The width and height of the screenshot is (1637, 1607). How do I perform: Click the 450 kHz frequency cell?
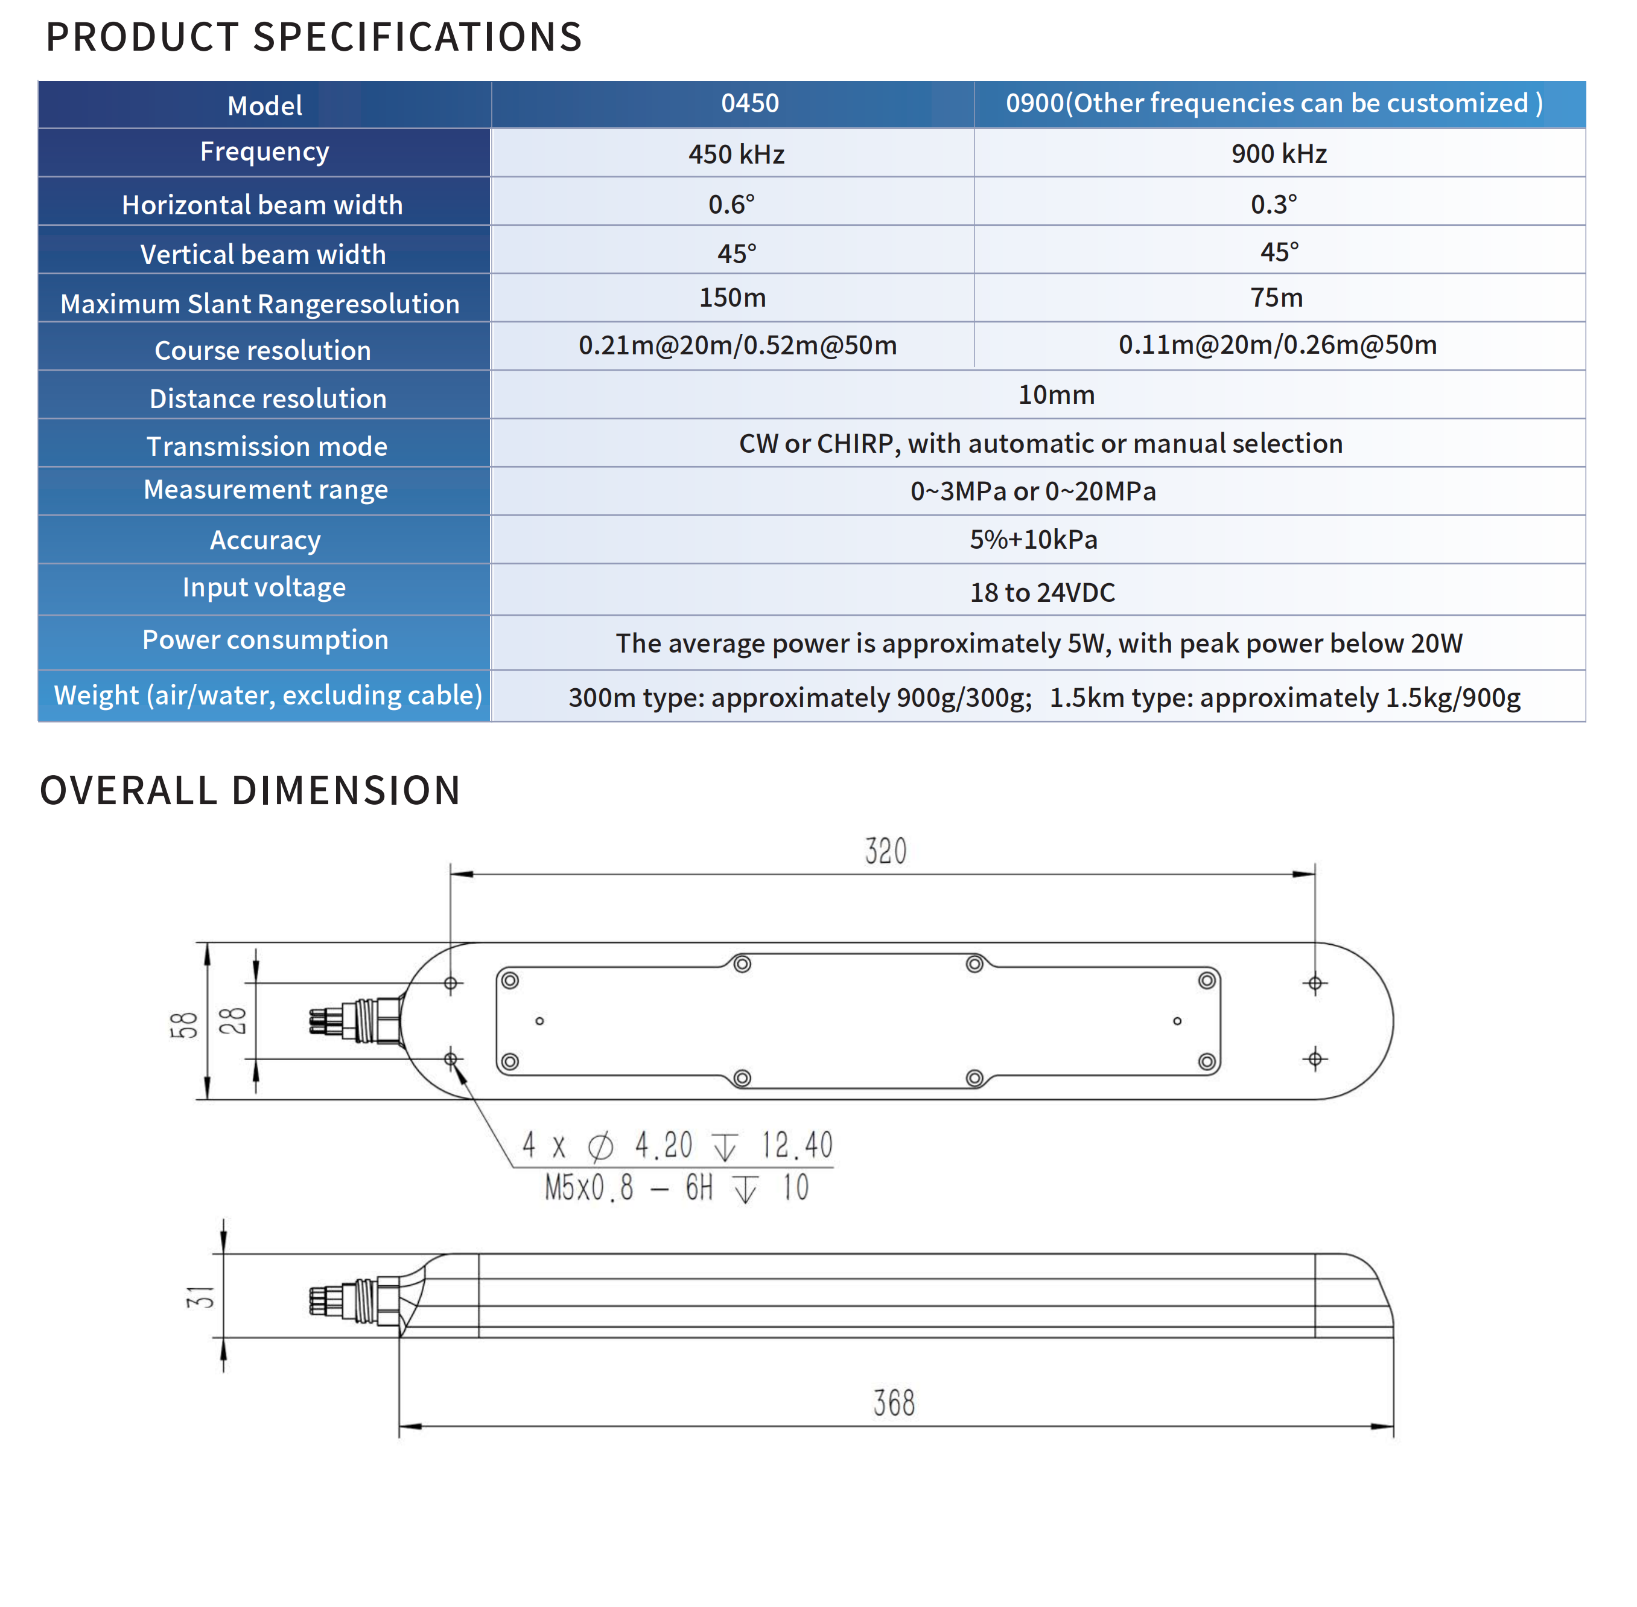point(736,153)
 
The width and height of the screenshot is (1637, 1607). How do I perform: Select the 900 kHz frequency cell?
point(1279,153)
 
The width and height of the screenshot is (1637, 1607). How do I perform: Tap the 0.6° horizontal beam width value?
point(731,204)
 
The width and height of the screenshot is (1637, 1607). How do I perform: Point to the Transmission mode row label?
point(267,446)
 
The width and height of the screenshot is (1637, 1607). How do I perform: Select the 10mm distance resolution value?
point(1055,394)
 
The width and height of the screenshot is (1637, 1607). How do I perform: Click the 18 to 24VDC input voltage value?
point(1042,592)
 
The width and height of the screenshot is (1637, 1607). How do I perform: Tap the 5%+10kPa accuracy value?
point(1033,539)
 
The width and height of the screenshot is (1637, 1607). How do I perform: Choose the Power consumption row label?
point(265,640)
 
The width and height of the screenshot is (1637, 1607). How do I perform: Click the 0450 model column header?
point(749,103)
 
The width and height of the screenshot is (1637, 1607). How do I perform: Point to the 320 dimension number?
point(885,851)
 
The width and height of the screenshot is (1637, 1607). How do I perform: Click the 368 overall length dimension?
point(894,1403)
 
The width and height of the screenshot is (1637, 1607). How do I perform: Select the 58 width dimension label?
point(184,1024)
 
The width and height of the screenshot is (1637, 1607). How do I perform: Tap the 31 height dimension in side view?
point(201,1296)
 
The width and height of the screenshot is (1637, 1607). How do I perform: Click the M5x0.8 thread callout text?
point(589,1189)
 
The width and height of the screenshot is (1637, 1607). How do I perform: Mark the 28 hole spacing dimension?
point(234,1021)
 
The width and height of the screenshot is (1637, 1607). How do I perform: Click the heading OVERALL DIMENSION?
point(250,791)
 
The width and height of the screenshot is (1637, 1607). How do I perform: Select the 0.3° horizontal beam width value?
point(1273,204)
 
